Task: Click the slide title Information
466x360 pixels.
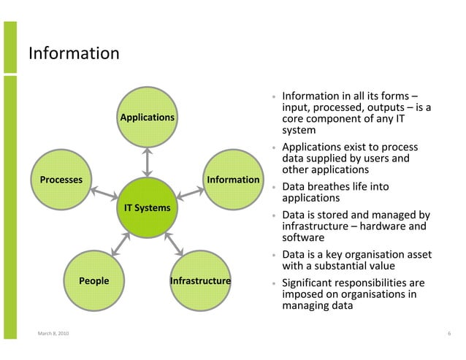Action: pos(73,53)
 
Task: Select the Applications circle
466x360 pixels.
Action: pos(147,117)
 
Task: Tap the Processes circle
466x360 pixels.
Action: pos(61,180)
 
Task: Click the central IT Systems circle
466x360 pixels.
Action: pos(147,208)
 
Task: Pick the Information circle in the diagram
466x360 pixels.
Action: pos(233,180)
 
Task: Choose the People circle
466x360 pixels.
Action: pos(94,280)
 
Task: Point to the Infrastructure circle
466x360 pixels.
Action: pos(200,280)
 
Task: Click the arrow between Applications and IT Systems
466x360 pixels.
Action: pos(147,161)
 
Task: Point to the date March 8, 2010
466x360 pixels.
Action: pos(55,334)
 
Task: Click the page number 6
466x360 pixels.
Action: pos(448,334)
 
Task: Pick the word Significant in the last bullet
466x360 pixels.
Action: pos(310,283)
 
